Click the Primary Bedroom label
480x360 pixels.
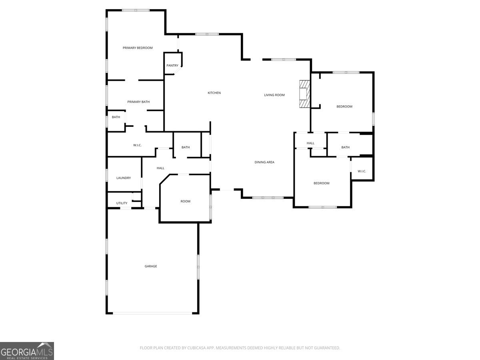click(x=138, y=48)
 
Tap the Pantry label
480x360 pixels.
click(x=172, y=66)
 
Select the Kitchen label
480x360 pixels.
click(x=214, y=93)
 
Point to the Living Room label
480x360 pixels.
click(x=274, y=95)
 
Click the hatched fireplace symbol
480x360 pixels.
click(x=305, y=94)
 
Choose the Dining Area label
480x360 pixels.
click(x=264, y=162)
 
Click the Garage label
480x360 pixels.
click(x=151, y=266)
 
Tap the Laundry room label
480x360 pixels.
click(x=124, y=178)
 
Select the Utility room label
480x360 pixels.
click(x=122, y=204)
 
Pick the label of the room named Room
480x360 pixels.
click(x=185, y=202)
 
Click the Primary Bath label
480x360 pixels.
click(x=138, y=102)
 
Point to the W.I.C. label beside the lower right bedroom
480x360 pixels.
click(x=362, y=172)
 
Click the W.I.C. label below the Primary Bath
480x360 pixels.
click(x=137, y=145)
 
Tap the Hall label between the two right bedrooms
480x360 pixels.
click(x=310, y=143)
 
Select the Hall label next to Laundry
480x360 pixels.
click(x=160, y=168)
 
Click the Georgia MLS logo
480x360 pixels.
click(x=27, y=351)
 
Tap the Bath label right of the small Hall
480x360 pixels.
click(x=345, y=148)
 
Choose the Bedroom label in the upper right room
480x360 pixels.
click(x=344, y=107)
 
